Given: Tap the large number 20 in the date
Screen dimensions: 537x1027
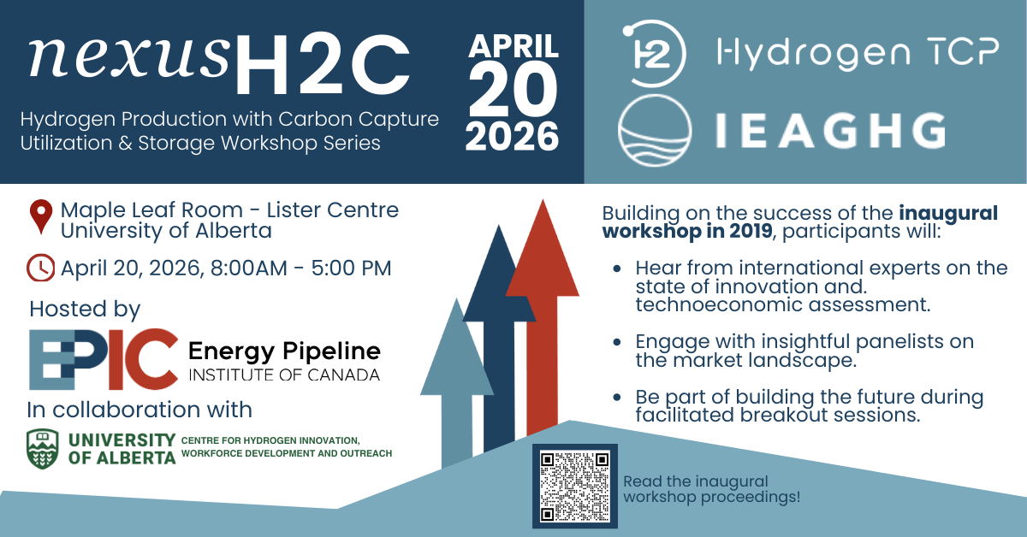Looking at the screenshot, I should click(513, 89).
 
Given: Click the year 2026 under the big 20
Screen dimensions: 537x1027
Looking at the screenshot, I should click(513, 135).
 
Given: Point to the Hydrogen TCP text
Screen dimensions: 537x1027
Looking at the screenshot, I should click(857, 55).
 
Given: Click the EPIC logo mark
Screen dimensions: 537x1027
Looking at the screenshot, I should click(104, 358).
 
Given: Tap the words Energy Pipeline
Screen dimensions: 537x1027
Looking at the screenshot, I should click(284, 351).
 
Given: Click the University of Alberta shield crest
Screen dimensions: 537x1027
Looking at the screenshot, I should click(45, 447).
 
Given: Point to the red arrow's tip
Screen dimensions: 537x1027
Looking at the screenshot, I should click(543, 205).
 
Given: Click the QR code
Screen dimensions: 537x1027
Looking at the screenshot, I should click(575, 486).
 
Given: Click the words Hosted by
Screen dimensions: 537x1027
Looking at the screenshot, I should click(85, 309).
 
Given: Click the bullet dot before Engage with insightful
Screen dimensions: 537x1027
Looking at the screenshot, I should click(618, 342).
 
